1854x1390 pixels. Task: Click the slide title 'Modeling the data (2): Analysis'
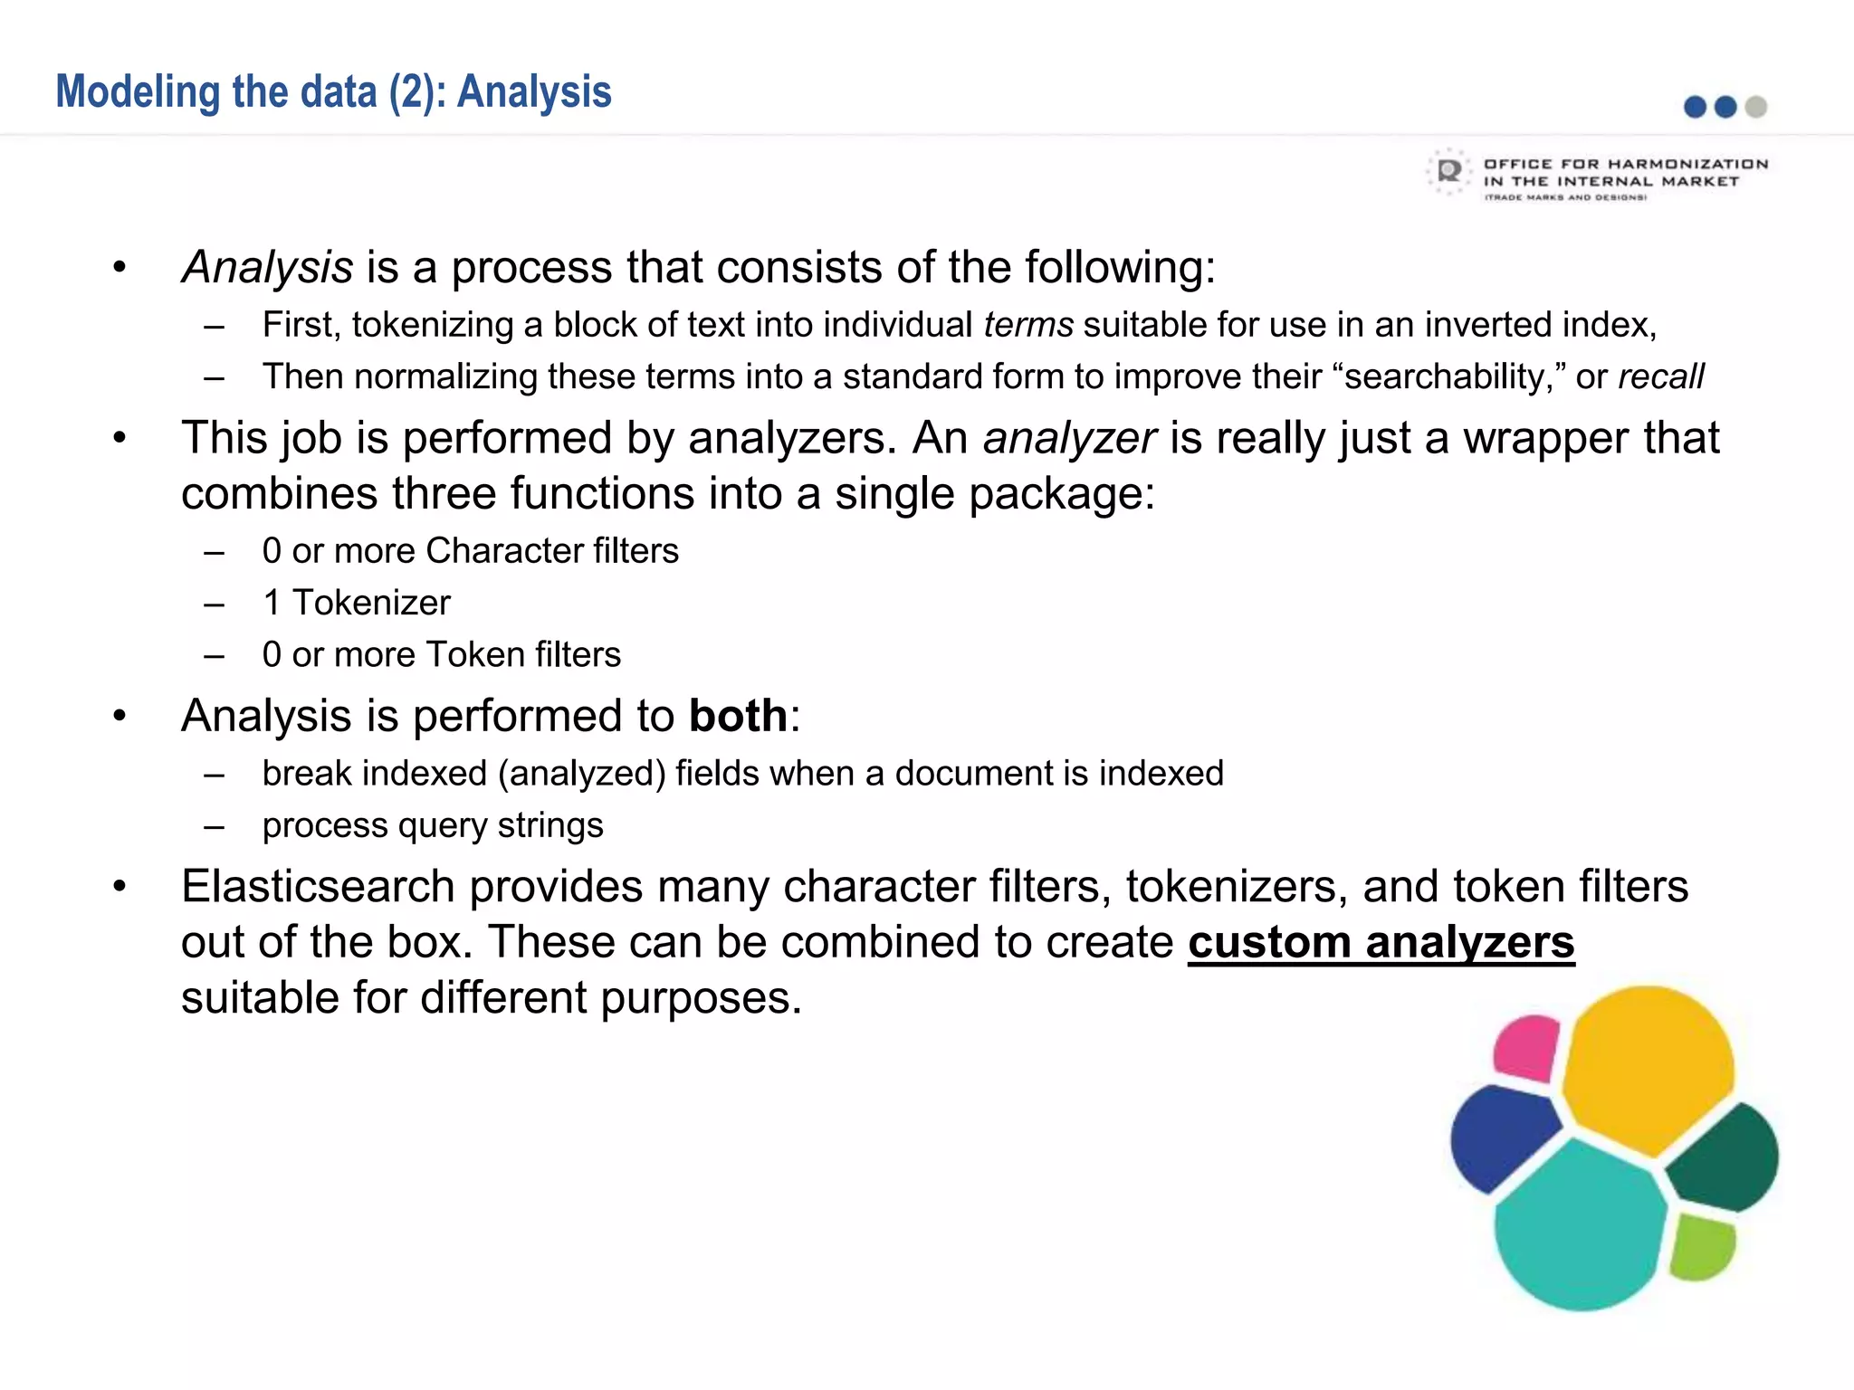click(x=333, y=92)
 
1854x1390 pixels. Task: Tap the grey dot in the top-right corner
click(x=1756, y=107)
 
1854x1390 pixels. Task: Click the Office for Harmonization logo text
click(x=1625, y=178)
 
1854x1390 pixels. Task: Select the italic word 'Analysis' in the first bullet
click(x=268, y=267)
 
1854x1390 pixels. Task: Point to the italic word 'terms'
click(x=1028, y=325)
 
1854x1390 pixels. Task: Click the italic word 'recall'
click(x=1660, y=376)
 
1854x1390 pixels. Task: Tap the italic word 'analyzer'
click(x=1069, y=438)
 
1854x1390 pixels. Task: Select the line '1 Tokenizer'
click(x=356, y=603)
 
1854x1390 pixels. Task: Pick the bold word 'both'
click(x=738, y=716)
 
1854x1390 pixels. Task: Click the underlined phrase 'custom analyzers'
click(x=1381, y=942)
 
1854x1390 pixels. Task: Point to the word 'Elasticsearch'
click(x=318, y=886)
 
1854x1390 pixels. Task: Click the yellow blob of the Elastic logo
click(x=1648, y=1068)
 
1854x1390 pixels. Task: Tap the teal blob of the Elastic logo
click(x=1580, y=1222)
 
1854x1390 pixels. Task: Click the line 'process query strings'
click(x=433, y=826)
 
